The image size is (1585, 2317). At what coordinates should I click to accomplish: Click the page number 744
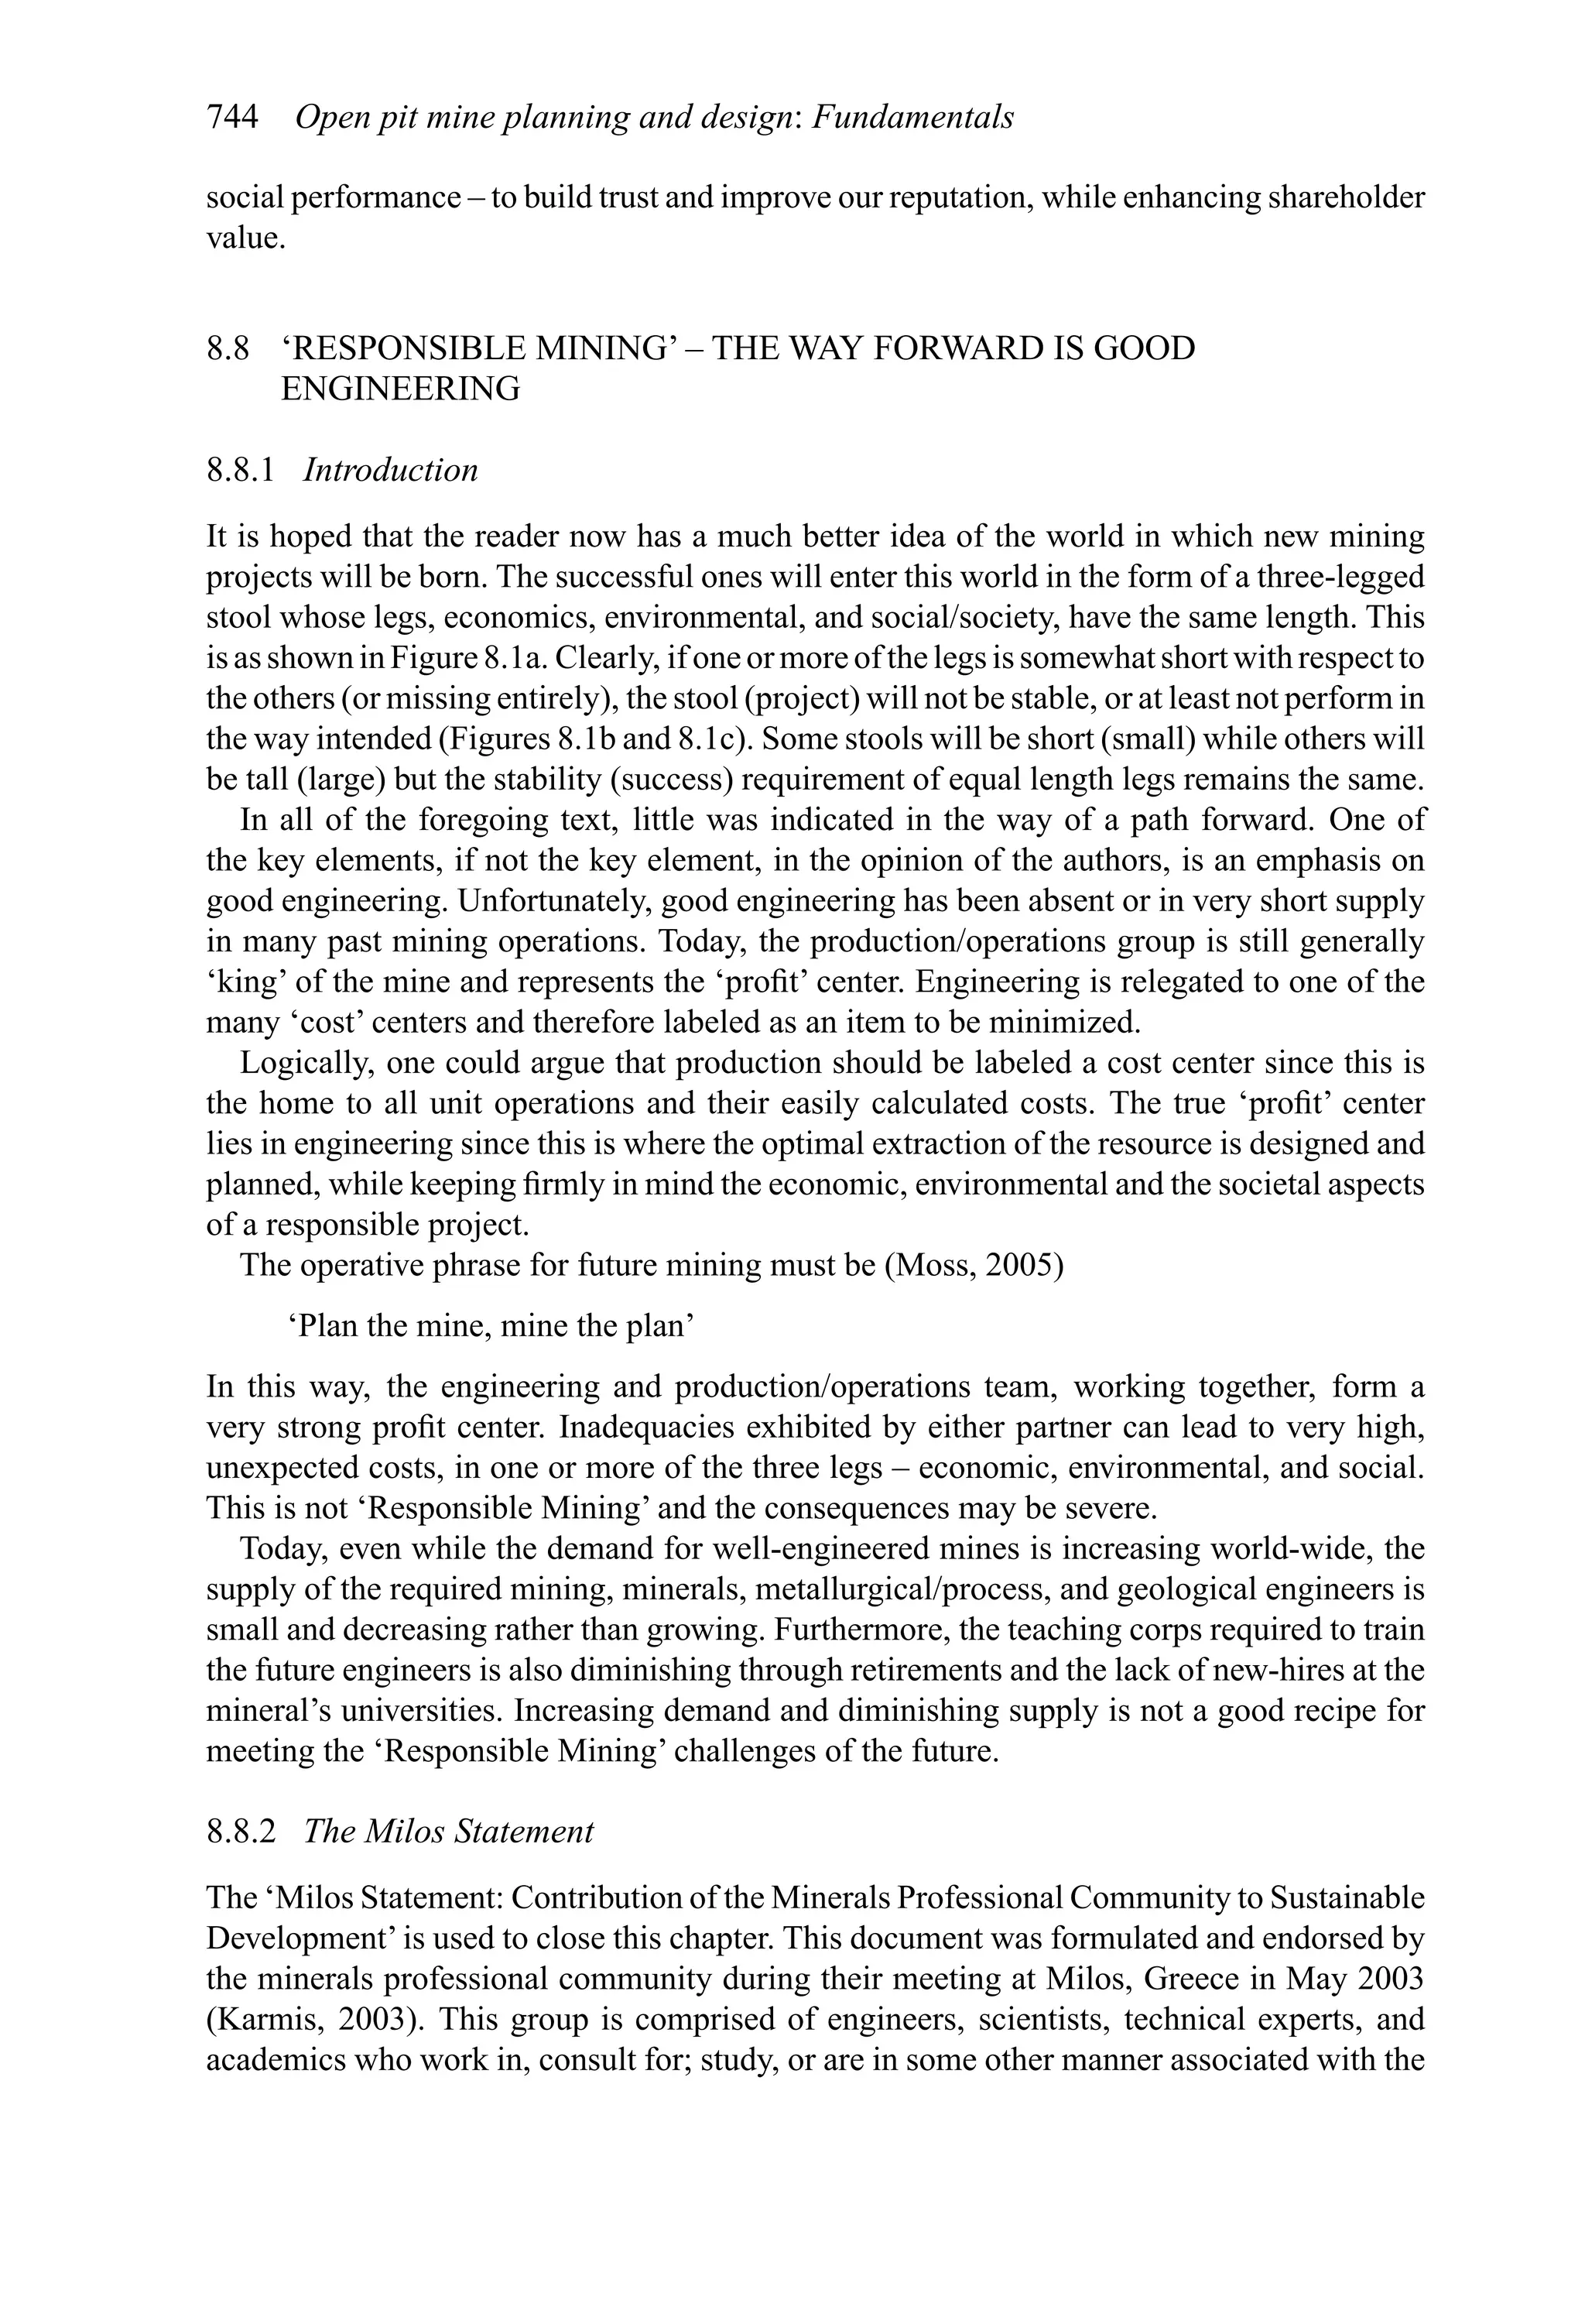[232, 118]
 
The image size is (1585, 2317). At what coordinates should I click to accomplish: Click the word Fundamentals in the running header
[913, 118]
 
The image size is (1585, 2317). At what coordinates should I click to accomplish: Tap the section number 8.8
[228, 349]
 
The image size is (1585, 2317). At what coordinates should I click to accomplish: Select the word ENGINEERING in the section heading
[401, 389]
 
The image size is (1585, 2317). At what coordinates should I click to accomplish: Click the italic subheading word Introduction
[391, 470]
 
